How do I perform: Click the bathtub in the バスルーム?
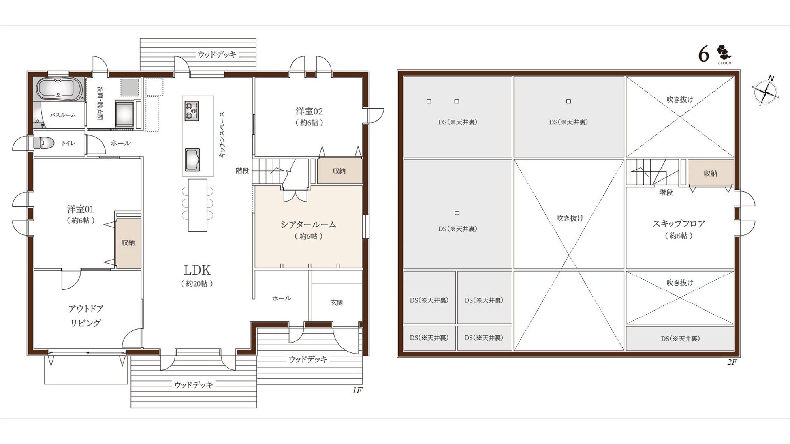coord(60,89)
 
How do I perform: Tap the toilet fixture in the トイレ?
coord(43,142)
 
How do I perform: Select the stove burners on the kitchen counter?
coord(192,111)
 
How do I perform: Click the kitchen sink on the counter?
coord(193,159)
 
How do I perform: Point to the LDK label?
coord(197,270)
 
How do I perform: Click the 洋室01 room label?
coord(81,209)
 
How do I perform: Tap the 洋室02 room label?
coord(309,111)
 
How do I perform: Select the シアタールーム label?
coord(308,224)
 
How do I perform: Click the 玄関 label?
coord(337,303)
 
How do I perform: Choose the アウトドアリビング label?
coord(86,315)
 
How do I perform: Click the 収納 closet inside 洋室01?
coord(128,243)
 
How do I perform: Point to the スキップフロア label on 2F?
coord(679,224)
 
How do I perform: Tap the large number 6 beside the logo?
coord(703,54)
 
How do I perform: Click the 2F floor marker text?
coord(732,362)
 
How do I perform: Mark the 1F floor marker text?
coord(357,390)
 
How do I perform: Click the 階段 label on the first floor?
coord(242,170)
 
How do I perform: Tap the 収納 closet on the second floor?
coord(711,173)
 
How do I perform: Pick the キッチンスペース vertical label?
coord(222,135)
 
